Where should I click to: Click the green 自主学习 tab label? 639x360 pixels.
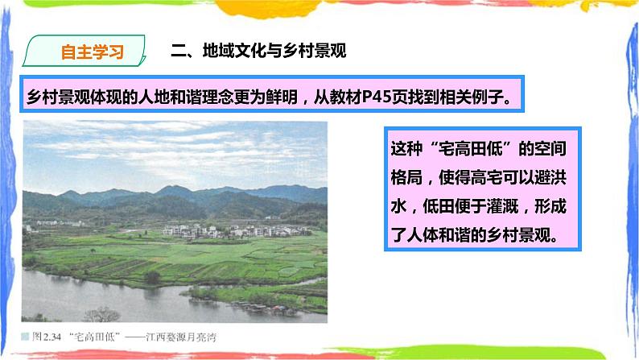[93, 52]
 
